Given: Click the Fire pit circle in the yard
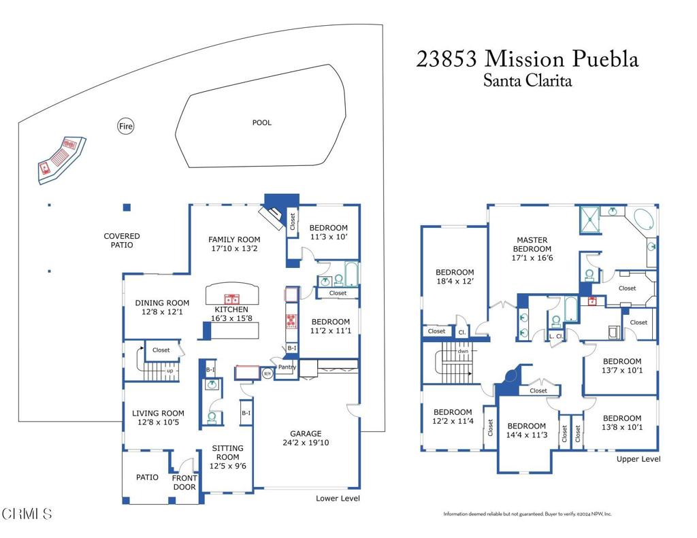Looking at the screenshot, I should (x=125, y=126).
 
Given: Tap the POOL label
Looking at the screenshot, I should (x=262, y=123).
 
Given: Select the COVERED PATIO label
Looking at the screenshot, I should (x=122, y=240).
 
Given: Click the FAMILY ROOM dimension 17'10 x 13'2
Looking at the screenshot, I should (x=234, y=249).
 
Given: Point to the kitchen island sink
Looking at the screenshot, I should (x=231, y=299).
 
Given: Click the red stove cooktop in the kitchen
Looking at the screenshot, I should (x=292, y=321).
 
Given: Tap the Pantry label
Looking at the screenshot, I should (x=287, y=367).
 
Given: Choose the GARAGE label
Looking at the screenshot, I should (x=305, y=433).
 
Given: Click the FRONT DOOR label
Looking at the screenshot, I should (x=184, y=482).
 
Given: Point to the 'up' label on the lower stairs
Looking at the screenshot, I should (x=169, y=371).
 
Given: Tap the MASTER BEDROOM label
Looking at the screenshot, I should (x=532, y=244).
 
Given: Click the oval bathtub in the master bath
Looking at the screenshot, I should (x=643, y=220).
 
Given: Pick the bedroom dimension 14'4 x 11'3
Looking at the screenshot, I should (x=527, y=436).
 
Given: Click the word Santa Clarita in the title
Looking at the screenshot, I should (x=528, y=81).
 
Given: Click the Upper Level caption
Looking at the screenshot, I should (x=638, y=459).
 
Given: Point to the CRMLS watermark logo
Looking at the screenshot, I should (x=27, y=514).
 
